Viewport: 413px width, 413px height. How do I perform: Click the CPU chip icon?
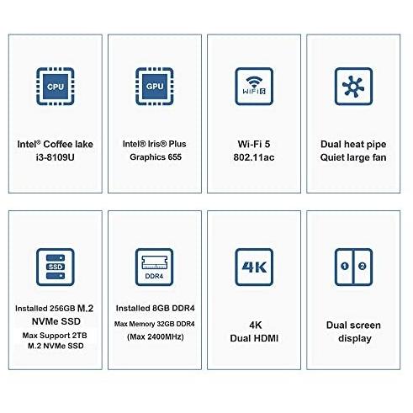pyautogui.click(x=56, y=87)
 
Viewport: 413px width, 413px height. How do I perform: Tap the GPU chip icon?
pyautogui.click(x=155, y=87)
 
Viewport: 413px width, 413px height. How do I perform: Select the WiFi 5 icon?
pyautogui.click(x=254, y=87)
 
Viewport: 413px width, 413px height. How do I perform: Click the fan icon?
pyautogui.click(x=353, y=87)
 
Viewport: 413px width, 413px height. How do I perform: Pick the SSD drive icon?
pyautogui.click(x=56, y=267)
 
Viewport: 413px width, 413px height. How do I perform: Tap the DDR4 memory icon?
pyautogui.click(x=155, y=267)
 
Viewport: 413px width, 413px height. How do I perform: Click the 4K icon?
pyautogui.click(x=254, y=267)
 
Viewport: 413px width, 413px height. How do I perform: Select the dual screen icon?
pyautogui.click(x=353, y=267)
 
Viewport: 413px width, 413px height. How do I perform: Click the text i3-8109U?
pyautogui.click(x=56, y=157)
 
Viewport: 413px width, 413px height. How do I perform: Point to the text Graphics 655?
pyautogui.click(x=156, y=157)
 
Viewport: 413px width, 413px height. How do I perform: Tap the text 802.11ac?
pyautogui.click(x=254, y=157)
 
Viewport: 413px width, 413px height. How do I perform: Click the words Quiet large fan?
pyautogui.click(x=353, y=157)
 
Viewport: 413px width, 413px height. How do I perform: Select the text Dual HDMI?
pyautogui.click(x=254, y=338)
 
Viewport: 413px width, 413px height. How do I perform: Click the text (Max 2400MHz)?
pyautogui.click(x=156, y=336)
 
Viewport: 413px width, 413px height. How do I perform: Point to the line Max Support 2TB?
pyautogui.click(x=55, y=336)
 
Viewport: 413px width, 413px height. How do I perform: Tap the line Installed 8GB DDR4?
pyautogui.click(x=155, y=308)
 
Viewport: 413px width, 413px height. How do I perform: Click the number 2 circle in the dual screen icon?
pyautogui.click(x=363, y=266)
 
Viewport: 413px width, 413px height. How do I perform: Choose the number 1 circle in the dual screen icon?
pyautogui.click(x=345, y=266)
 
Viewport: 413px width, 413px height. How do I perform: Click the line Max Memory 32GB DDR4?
pyautogui.click(x=155, y=324)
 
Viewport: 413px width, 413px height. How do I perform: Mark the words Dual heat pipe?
pyautogui.click(x=353, y=145)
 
